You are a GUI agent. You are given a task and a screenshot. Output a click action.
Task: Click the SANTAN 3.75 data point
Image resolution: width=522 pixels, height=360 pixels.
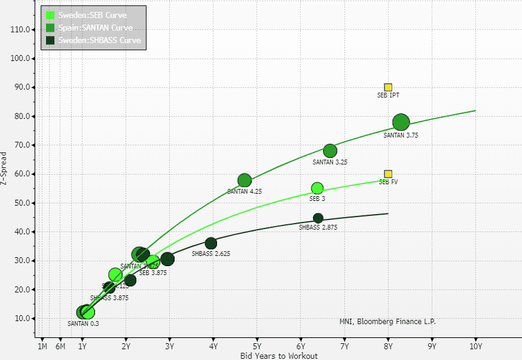point(401,123)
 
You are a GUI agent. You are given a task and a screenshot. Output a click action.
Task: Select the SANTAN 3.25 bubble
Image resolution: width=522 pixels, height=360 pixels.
point(330,151)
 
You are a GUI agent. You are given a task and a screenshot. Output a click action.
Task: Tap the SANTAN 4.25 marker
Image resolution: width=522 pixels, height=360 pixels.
point(245,181)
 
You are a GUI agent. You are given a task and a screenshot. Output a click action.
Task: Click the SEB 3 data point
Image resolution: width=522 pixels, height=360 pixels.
point(317,188)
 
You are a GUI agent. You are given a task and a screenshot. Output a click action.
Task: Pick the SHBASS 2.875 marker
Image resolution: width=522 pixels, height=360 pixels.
point(318,218)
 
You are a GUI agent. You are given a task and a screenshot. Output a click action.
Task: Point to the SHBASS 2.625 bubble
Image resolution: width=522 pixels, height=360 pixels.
point(211,243)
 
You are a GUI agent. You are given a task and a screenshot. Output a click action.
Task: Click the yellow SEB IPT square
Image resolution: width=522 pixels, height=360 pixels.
point(388,87)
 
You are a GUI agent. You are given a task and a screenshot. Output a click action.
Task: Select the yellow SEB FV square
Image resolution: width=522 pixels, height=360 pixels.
point(388,174)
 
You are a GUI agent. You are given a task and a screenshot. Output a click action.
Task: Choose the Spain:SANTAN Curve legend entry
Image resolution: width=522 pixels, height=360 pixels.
point(95,28)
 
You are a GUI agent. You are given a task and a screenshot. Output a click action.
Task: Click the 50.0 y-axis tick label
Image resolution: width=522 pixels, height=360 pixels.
point(22,203)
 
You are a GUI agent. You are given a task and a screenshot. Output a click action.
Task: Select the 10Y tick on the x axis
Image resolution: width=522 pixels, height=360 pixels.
point(476,346)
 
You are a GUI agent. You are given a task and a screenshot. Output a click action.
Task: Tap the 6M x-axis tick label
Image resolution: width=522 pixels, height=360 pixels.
point(60,346)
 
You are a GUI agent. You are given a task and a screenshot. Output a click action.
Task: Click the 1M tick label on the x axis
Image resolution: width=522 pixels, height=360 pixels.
point(42,346)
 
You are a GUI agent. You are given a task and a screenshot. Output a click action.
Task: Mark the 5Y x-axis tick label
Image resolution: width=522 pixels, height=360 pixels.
point(257,346)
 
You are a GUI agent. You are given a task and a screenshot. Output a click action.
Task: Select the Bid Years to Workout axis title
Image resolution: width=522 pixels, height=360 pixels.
point(279,356)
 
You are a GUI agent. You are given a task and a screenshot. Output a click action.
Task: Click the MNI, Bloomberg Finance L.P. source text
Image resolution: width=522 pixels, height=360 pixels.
point(387,322)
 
